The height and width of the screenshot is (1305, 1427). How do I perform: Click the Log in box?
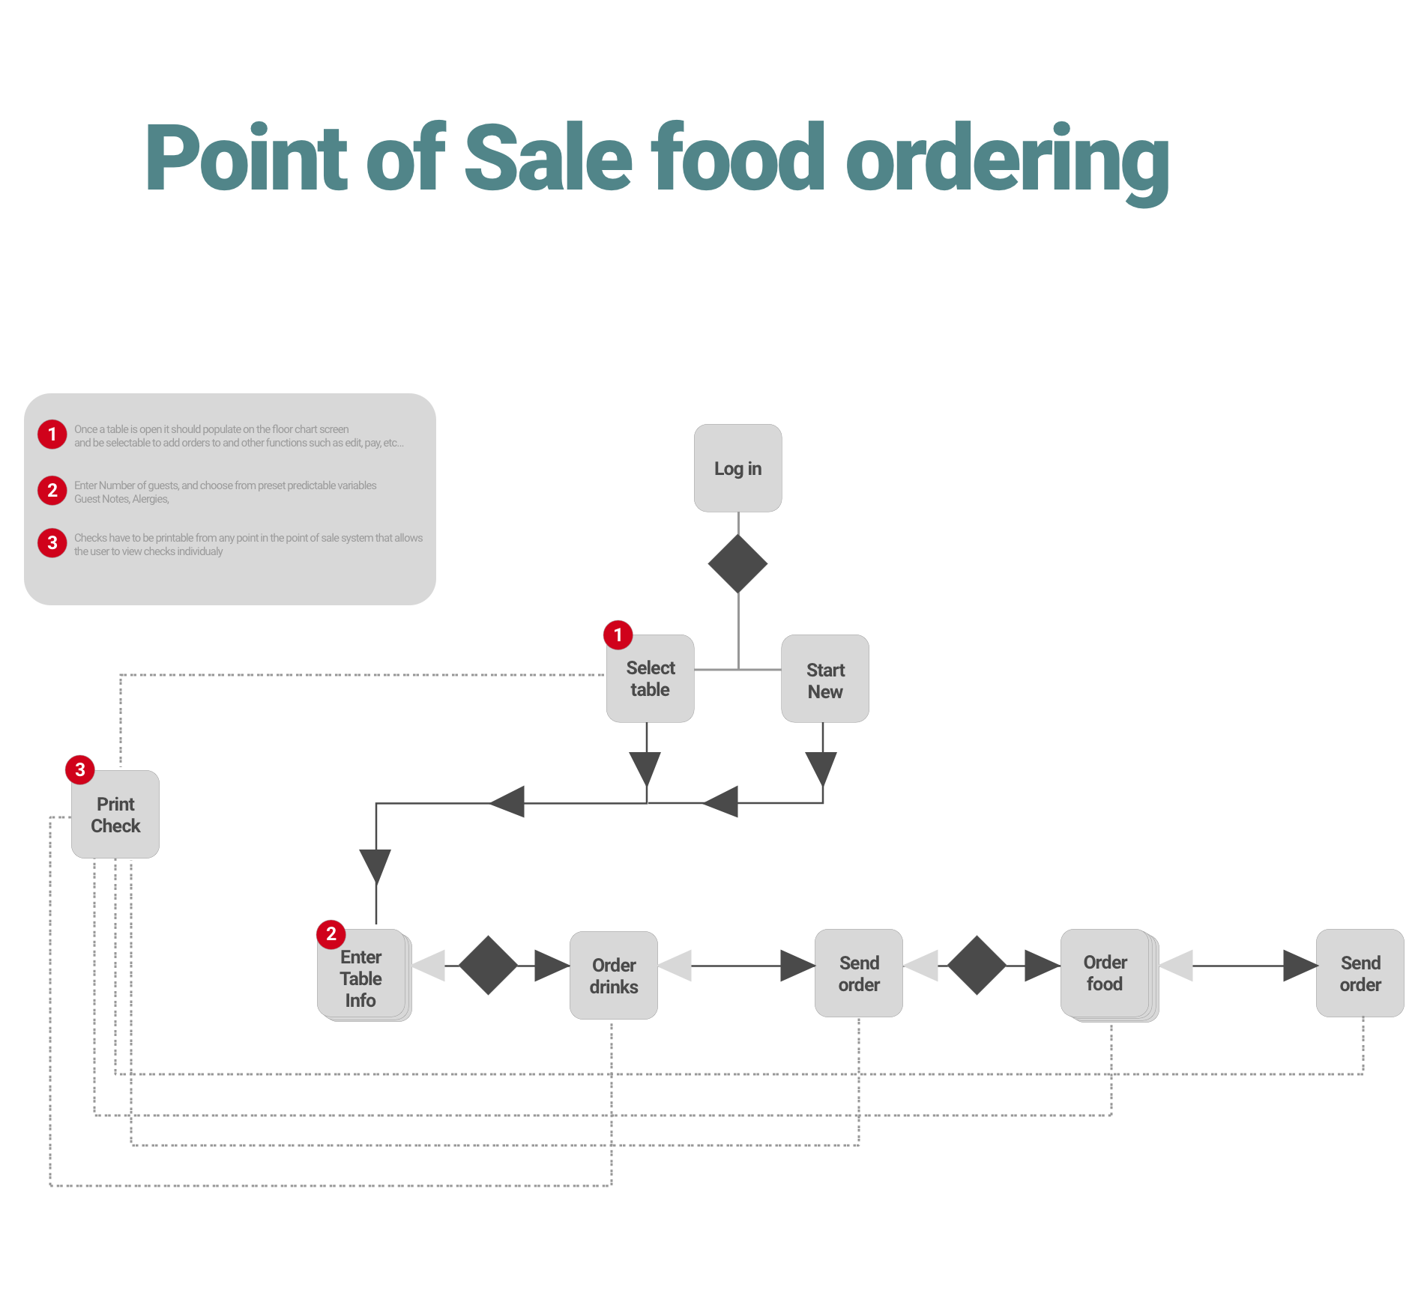[737, 468]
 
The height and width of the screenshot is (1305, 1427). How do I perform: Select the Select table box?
[650, 679]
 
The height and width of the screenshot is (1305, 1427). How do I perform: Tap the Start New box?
[824, 679]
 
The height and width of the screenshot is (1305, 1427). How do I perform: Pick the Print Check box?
[115, 814]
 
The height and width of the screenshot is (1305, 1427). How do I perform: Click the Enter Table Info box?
[361, 977]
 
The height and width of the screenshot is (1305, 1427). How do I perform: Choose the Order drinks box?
[613, 975]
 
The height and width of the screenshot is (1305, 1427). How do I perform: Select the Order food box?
[1105, 973]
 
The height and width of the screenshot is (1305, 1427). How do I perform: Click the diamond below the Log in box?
[737, 563]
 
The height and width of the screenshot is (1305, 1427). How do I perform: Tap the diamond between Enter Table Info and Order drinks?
[488, 965]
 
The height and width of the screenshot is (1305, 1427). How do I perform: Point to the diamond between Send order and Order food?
[977, 965]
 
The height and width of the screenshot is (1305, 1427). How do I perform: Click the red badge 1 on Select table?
[618, 635]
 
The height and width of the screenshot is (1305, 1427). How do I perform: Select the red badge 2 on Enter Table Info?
[331, 934]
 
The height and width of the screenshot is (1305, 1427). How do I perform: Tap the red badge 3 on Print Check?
[80, 769]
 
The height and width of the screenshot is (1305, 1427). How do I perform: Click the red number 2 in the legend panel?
[52, 491]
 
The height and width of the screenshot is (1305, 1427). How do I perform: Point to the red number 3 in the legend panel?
[52, 543]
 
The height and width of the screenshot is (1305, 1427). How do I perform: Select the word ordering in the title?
[1007, 161]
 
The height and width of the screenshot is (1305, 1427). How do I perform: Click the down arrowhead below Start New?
[821, 768]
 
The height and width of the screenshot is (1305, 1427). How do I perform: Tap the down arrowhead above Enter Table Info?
[375, 866]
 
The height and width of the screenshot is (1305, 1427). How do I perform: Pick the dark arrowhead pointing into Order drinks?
[552, 966]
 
